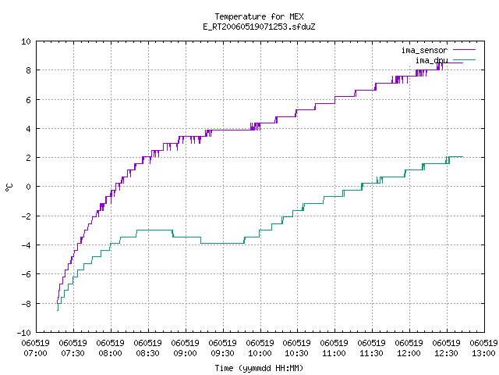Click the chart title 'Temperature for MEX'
(259, 16)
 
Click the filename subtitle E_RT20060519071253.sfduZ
(259, 27)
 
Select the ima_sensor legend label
(424, 50)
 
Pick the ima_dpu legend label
(431, 60)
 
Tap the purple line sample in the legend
(465, 50)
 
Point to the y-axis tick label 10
(26, 41)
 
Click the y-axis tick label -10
(24, 333)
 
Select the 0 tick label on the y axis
(28, 187)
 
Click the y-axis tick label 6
(28, 100)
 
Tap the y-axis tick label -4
(26, 245)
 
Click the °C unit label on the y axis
(9, 187)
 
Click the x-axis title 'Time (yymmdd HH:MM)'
(259, 368)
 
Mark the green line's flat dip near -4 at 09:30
(222, 243)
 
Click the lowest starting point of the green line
(58, 310)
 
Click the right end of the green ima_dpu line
(462, 156)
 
